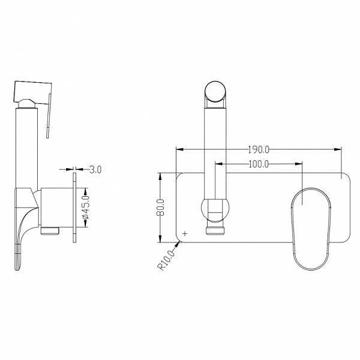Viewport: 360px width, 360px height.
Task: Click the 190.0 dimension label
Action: pos(258,149)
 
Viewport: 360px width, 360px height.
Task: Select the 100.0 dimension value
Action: pos(258,164)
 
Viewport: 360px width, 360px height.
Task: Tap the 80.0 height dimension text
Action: pos(160,208)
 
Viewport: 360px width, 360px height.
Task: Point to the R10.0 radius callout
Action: pos(166,260)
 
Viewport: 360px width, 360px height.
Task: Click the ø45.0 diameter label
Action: pos(85,208)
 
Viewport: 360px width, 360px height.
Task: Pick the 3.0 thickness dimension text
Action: pos(95,169)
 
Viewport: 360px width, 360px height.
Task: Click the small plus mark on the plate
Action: pos(185,234)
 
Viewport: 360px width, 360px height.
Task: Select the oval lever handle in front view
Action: pos(311,229)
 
